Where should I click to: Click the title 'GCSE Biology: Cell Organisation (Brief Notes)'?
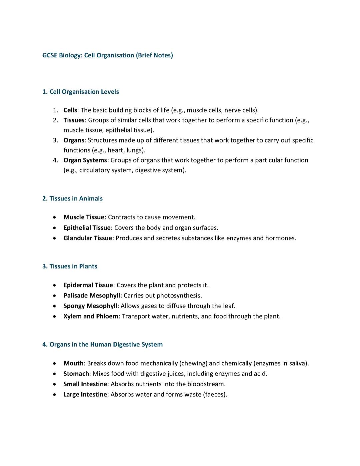(107, 55)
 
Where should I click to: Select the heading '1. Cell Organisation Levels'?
(80, 92)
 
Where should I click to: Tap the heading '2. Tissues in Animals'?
(72, 198)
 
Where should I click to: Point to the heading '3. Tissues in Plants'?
(70, 266)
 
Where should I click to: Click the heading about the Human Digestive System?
(102, 344)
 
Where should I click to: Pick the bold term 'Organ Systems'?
(85, 160)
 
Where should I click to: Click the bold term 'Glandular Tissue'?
(88, 238)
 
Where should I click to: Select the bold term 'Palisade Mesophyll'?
(92, 296)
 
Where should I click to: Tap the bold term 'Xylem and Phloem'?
(91, 316)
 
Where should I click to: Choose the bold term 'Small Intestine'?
(85, 384)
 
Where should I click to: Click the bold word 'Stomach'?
(76, 374)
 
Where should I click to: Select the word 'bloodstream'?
(206, 384)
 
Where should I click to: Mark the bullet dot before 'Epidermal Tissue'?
(54, 285)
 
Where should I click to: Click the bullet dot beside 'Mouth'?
(54, 363)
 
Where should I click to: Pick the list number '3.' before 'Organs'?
(56, 140)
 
